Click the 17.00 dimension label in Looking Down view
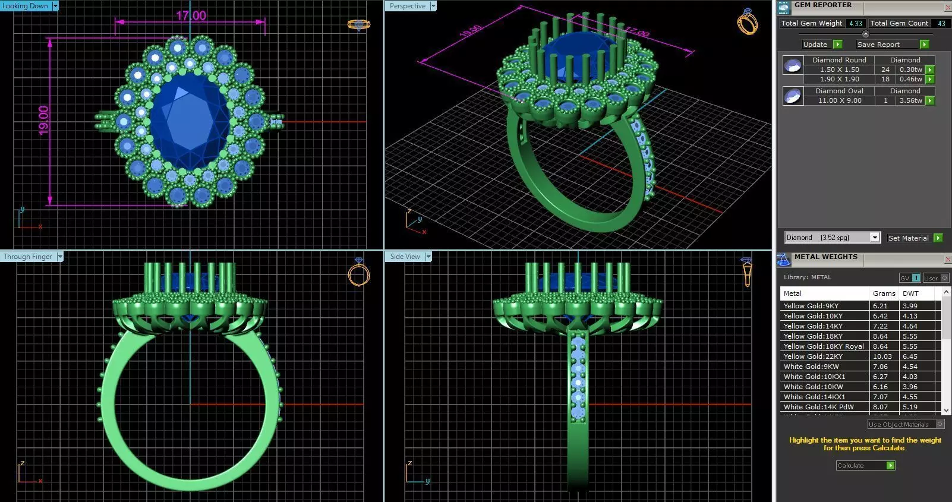click(x=191, y=15)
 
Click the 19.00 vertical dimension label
click(x=43, y=121)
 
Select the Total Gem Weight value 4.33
click(x=855, y=24)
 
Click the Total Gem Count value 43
click(x=941, y=24)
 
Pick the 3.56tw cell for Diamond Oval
click(x=910, y=101)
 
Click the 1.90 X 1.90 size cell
click(x=839, y=80)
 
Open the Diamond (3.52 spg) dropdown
click(x=874, y=238)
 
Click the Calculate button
click(x=865, y=466)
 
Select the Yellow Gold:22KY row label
click(x=812, y=356)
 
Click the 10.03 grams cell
click(x=882, y=356)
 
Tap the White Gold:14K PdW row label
click(x=818, y=407)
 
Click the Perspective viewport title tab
click(x=408, y=6)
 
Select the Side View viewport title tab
click(x=405, y=257)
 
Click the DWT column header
click(x=910, y=293)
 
